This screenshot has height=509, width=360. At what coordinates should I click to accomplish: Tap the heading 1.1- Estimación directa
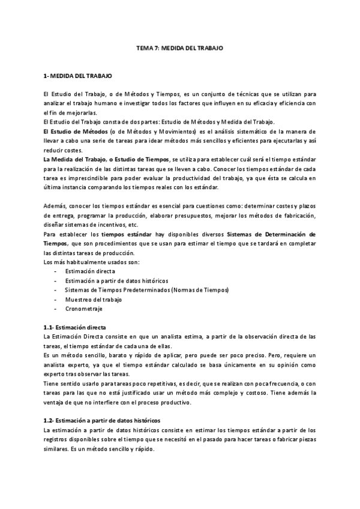[x=74, y=327]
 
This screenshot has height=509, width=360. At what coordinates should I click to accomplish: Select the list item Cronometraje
[x=83, y=309]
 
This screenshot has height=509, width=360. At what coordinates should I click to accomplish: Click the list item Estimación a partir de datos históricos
[x=116, y=280]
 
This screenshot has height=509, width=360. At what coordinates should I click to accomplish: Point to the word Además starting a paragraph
[x=55, y=206]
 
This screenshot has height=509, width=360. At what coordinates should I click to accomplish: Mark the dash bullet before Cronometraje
[x=55, y=309]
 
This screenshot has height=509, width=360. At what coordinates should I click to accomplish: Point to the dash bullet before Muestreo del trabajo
[x=55, y=299]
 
